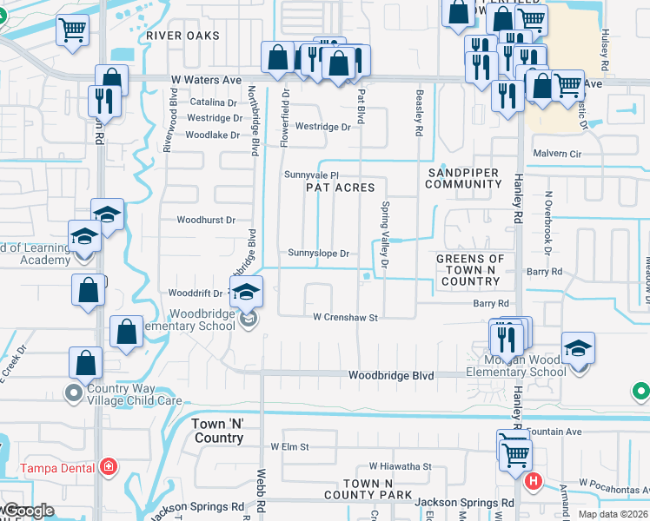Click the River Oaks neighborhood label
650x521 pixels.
(182, 36)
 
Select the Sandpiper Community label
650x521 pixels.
(463, 178)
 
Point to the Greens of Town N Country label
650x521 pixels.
(469, 269)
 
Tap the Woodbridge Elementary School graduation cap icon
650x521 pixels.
(246, 291)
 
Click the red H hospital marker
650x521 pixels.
(534, 479)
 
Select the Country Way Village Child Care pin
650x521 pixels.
(73, 394)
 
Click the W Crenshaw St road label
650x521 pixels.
(345, 318)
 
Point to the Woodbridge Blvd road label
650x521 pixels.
(391, 376)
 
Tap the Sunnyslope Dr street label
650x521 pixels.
(318, 254)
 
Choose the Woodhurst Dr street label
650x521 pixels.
(206, 221)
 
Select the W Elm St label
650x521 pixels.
(290, 446)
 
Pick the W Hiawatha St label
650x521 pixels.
(400, 466)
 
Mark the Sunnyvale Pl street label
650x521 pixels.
(310, 175)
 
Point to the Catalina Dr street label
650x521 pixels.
(213, 102)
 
